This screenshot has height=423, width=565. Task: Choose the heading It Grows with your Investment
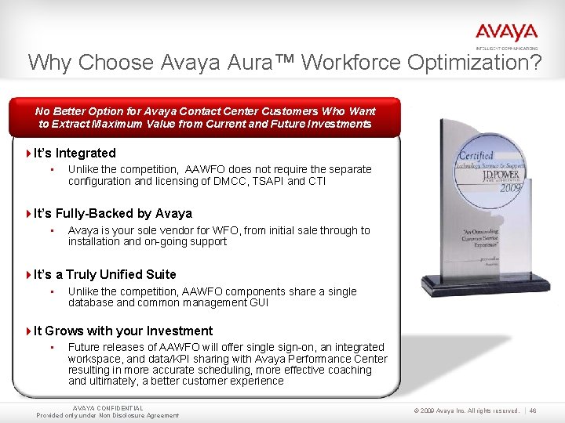123,331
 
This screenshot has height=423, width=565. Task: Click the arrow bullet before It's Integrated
29,154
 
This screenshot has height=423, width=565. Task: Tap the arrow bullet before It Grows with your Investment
29,331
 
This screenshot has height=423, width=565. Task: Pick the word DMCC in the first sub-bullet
243,181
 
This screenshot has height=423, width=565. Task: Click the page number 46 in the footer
533,410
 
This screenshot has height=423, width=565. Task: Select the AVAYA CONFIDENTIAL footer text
108,408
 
